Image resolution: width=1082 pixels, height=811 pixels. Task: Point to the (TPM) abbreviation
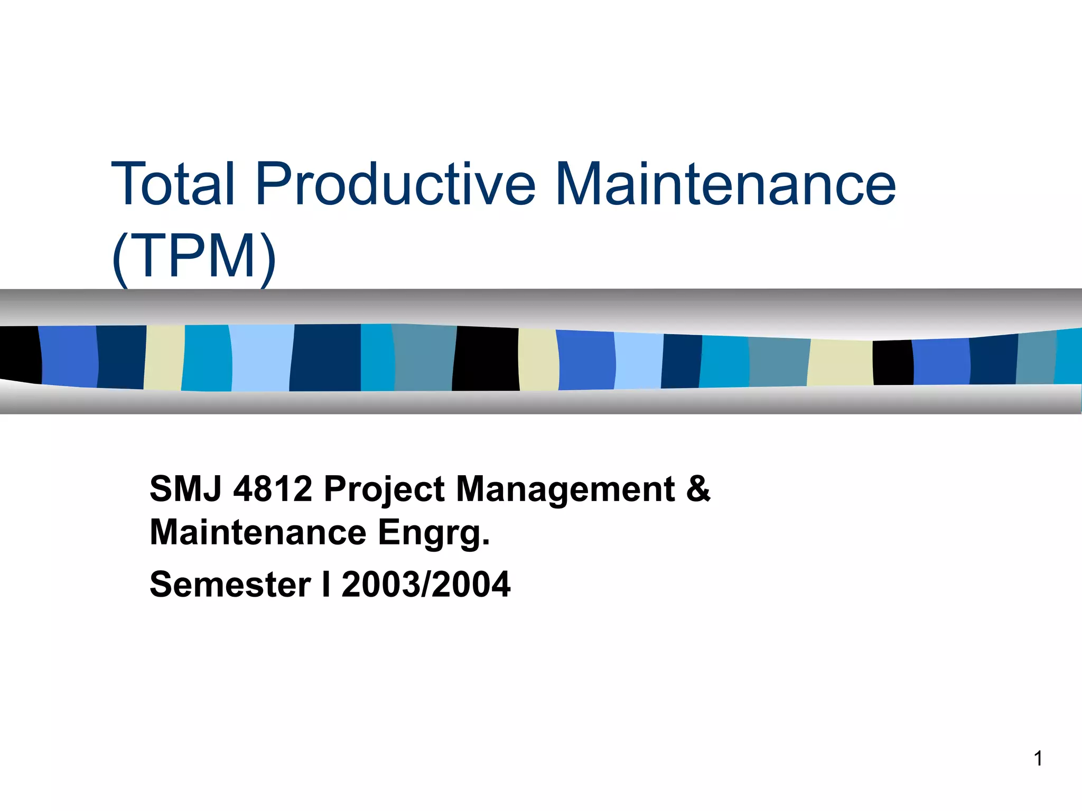[193, 257]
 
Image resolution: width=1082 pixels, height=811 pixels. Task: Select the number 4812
[273, 489]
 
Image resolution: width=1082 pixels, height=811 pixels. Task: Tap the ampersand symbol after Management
[698, 489]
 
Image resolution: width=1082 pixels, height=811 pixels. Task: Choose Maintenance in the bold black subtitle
[258, 532]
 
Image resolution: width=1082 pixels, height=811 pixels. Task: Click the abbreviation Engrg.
[434, 533]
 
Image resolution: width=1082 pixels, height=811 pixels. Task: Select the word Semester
[230, 584]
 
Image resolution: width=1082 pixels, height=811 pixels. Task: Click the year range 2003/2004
[426, 584]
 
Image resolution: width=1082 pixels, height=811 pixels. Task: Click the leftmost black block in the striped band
[20, 354]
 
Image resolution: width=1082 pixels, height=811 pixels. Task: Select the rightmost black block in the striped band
[892, 362]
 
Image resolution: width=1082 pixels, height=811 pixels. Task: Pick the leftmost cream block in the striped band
[164, 357]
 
